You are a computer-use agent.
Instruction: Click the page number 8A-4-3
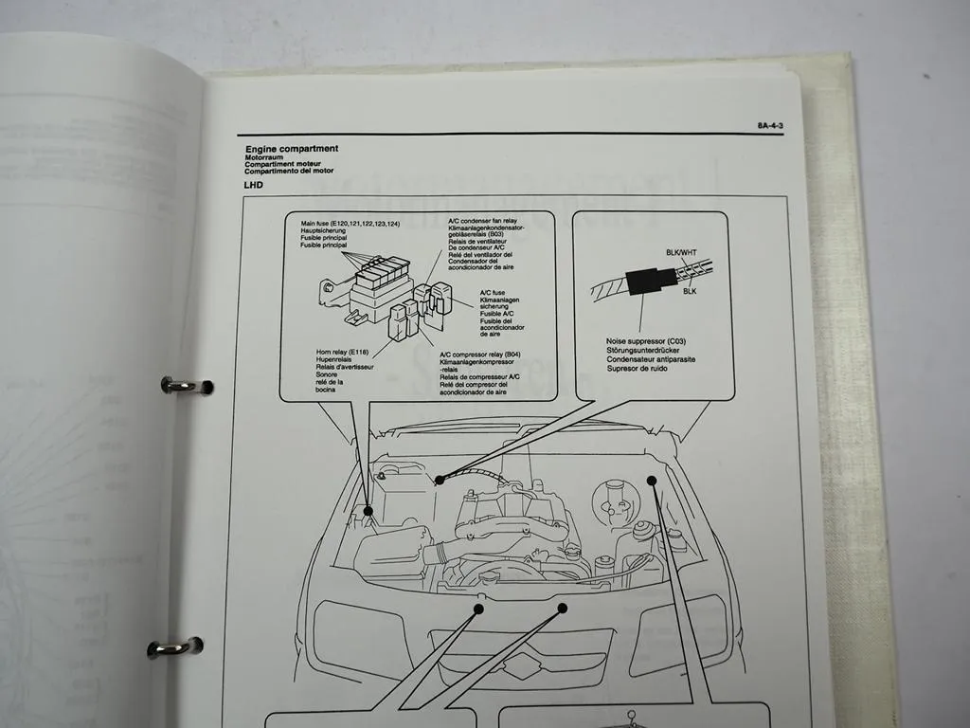[769, 125]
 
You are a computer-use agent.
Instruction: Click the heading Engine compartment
[291, 149]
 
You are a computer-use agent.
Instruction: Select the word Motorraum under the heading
[268, 156]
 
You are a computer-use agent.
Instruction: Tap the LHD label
[253, 185]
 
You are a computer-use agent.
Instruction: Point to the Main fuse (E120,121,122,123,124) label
[350, 223]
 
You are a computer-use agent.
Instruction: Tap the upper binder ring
[185, 385]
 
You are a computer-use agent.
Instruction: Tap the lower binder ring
[174, 648]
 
